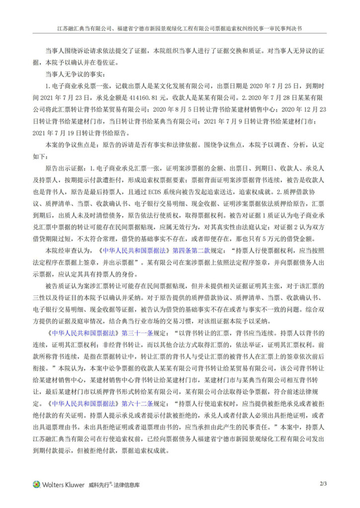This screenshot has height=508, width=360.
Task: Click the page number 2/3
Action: pyautogui.click(x=323, y=484)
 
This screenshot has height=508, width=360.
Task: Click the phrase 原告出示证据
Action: pyautogui.click(x=65, y=168)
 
